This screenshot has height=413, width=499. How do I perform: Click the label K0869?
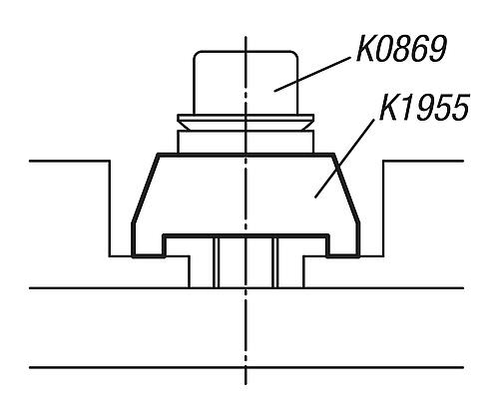(x=401, y=49)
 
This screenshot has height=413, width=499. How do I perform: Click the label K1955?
(x=424, y=107)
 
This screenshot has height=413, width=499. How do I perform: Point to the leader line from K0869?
(x=312, y=74)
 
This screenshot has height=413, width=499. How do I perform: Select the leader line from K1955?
(x=344, y=159)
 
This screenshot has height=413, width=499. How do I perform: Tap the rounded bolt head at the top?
(x=246, y=83)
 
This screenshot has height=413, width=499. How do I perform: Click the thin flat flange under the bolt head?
(x=246, y=118)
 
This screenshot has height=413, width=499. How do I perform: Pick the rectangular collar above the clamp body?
(x=246, y=142)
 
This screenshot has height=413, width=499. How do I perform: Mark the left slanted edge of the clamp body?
(x=146, y=189)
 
